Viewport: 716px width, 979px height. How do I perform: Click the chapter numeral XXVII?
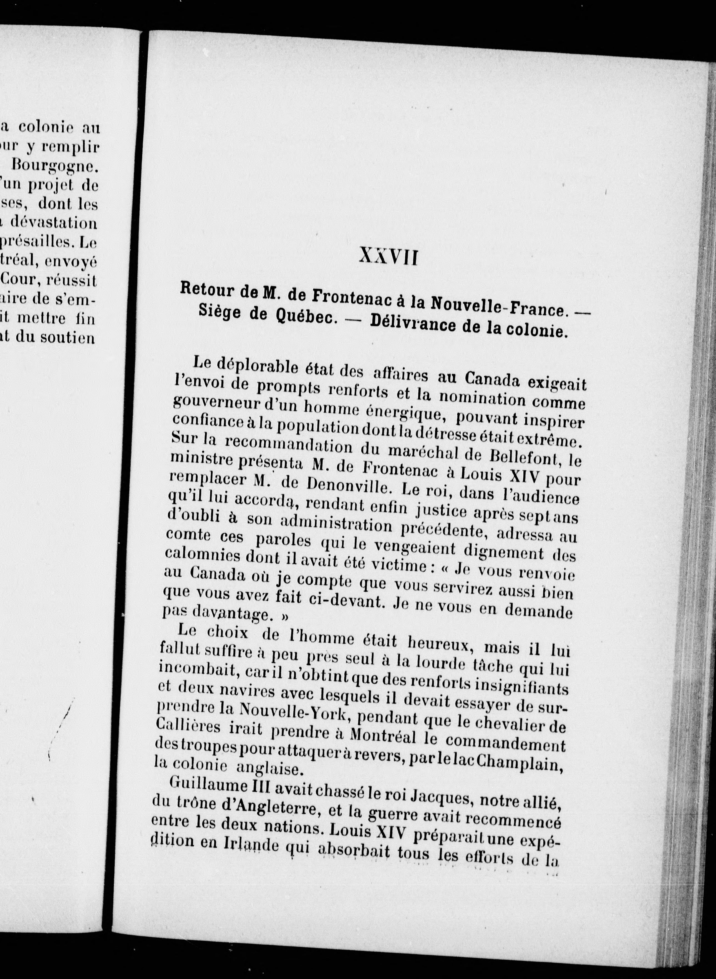388,258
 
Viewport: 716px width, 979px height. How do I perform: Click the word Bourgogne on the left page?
54,165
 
